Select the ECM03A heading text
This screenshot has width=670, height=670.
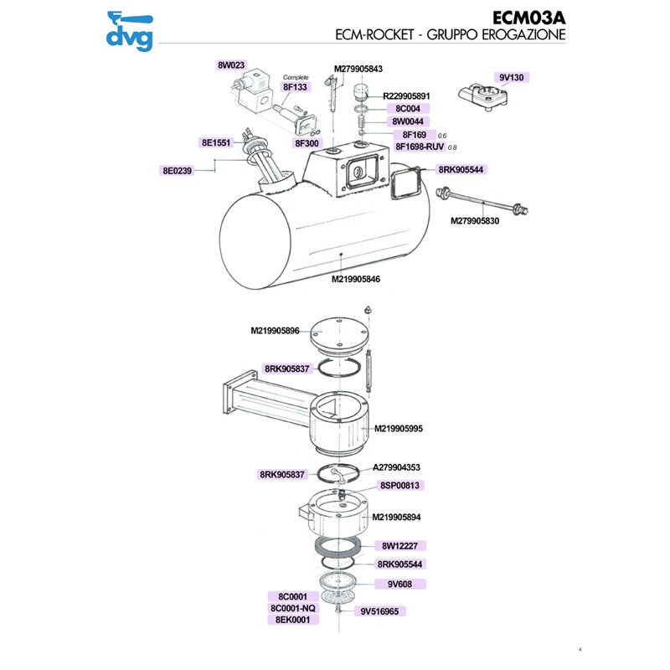(x=524, y=18)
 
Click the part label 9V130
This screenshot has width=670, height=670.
(x=510, y=78)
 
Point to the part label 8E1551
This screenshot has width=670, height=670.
(x=215, y=143)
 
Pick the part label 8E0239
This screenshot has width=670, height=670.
(x=177, y=171)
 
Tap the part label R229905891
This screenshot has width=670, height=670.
(x=405, y=96)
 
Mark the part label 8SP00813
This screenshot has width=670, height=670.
(x=400, y=485)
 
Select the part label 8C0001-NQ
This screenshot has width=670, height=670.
(x=292, y=608)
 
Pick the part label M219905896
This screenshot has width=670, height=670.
(x=275, y=332)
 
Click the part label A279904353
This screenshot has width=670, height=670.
(x=396, y=468)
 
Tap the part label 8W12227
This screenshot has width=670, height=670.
(x=400, y=546)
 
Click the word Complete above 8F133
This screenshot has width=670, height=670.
(x=296, y=77)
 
